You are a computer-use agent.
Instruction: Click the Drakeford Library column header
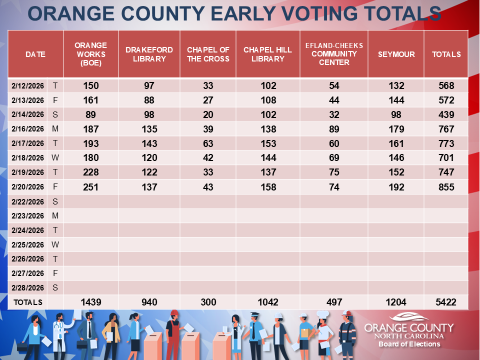(x=149, y=54)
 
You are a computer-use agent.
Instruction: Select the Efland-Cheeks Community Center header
(x=334, y=54)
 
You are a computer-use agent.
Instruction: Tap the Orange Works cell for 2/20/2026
(x=90, y=187)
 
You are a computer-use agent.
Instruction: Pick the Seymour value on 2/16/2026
(x=396, y=129)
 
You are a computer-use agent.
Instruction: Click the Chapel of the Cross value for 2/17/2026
(x=208, y=143)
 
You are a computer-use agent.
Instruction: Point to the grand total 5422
(x=446, y=302)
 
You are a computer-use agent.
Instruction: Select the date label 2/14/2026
(x=28, y=114)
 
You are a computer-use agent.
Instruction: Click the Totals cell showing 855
(x=446, y=187)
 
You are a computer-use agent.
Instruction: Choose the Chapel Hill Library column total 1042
(x=267, y=302)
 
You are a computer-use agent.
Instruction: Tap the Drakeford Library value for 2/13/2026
(x=149, y=100)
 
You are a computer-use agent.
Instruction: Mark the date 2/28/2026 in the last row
(x=28, y=287)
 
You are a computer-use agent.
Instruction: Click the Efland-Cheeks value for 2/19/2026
(x=334, y=172)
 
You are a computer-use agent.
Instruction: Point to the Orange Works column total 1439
(x=90, y=302)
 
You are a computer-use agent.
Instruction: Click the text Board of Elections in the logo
(x=409, y=344)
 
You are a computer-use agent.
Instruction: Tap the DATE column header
(x=35, y=54)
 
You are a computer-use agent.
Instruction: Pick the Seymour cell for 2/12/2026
(x=396, y=85)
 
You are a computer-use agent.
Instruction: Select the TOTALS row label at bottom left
(x=28, y=302)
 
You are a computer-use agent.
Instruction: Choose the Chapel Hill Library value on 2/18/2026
(x=267, y=158)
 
